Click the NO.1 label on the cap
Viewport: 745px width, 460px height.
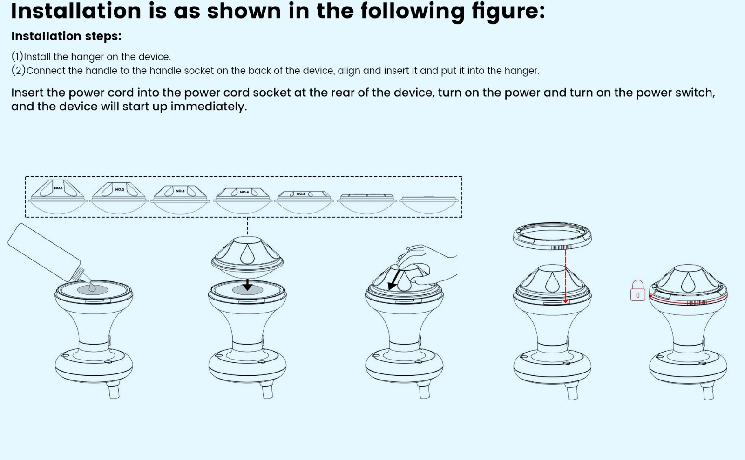point(58,188)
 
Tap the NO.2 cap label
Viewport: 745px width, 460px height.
point(119,189)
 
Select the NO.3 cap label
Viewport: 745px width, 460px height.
point(180,191)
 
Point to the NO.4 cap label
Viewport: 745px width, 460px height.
point(244,192)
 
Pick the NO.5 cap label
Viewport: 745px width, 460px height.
point(301,193)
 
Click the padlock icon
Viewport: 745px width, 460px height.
point(637,291)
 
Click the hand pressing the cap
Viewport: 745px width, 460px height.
point(427,264)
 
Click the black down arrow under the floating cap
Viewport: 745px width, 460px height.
point(247,285)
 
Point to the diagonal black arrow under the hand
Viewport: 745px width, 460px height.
point(394,280)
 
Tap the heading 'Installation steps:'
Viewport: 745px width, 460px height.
point(66,36)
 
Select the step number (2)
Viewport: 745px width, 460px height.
point(18,70)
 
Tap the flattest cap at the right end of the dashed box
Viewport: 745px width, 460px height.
point(429,205)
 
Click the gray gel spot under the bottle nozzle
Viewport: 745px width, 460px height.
point(93,290)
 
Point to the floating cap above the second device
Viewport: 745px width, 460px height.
point(247,257)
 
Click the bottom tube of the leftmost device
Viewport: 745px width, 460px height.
point(114,391)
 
